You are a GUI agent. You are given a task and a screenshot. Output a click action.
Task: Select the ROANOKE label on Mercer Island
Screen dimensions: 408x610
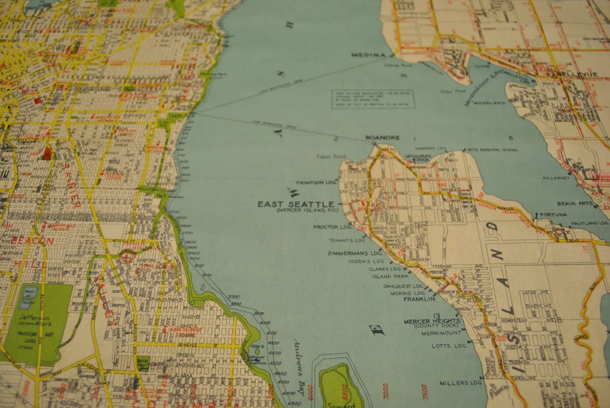pos(383,138)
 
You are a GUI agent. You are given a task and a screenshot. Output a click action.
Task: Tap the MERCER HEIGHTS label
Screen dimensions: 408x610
pos(432,321)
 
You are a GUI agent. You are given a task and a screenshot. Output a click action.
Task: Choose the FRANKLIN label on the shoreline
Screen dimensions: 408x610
pos(419,299)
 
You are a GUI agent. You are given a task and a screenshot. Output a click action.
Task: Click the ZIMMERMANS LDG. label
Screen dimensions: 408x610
pos(355,253)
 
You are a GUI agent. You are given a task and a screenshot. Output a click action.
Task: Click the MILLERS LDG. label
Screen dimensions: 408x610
pos(461,383)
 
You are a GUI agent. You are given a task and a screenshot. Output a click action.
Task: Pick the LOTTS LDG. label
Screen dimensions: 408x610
pos(449,346)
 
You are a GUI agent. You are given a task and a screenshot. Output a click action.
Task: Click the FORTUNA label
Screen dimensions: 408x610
pos(554,214)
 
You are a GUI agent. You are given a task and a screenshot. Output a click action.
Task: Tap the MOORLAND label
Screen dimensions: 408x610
pos(489,103)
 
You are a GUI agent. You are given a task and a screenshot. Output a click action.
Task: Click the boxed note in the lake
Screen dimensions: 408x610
pos(373,99)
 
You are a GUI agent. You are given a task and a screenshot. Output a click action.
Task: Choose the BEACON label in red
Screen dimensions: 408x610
pos(33,240)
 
